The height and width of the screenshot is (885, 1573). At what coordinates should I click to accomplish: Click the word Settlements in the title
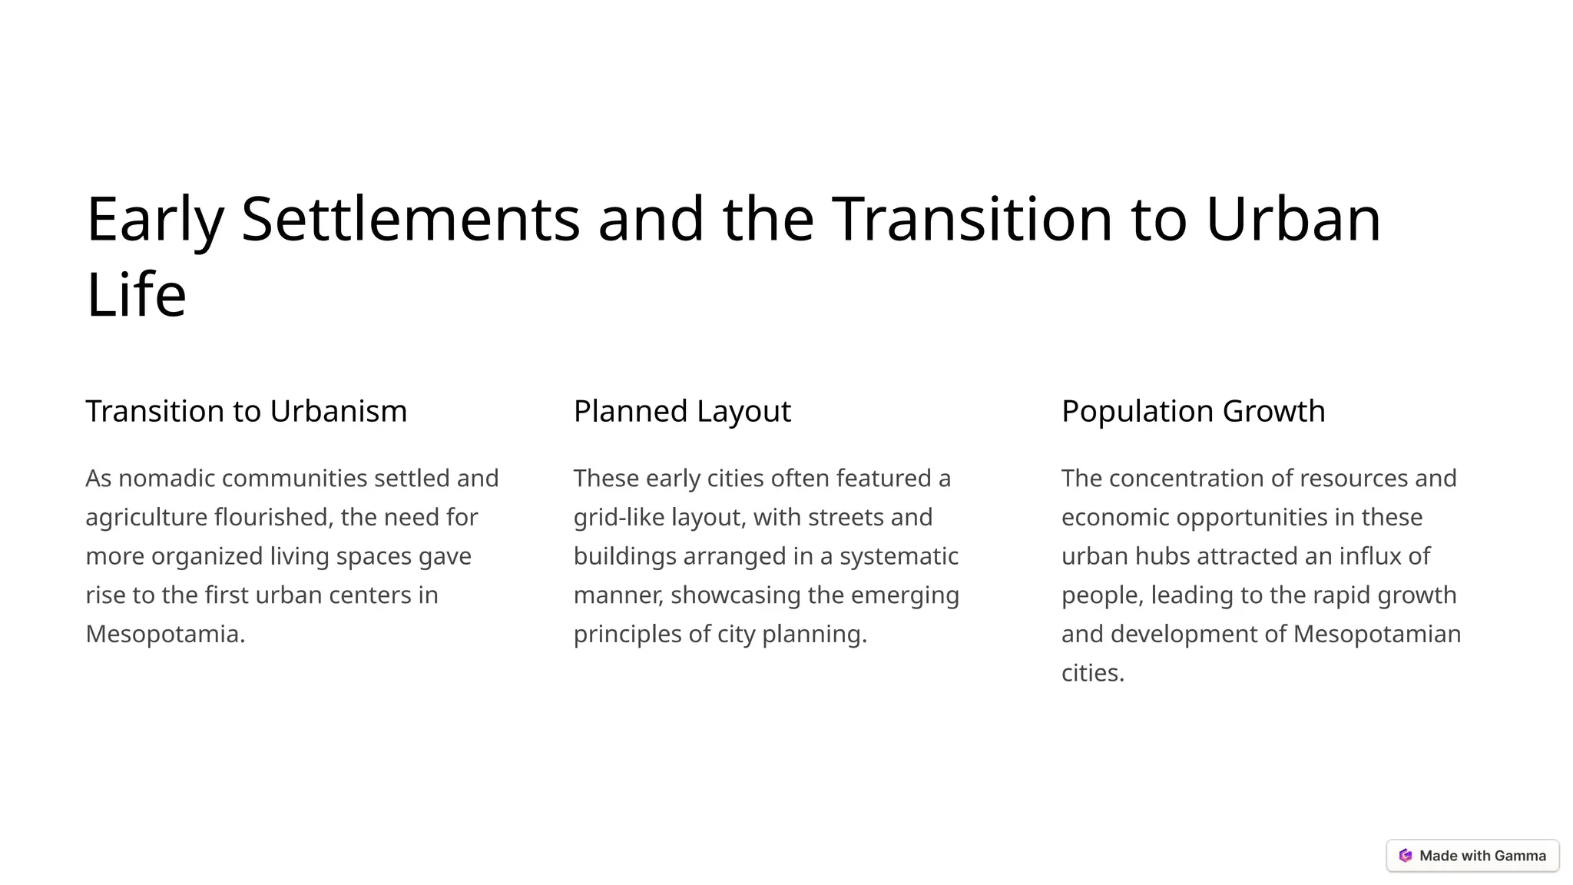pyautogui.click(x=410, y=220)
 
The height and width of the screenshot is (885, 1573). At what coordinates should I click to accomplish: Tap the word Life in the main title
pyautogui.click(x=136, y=295)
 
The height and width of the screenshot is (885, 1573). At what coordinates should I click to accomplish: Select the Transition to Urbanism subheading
pyautogui.click(x=246, y=411)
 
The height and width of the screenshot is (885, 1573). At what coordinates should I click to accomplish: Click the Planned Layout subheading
pyautogui.click(x=682, y=411)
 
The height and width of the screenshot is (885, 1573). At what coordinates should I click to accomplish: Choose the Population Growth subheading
pyautogui.click(x=1193, y=411)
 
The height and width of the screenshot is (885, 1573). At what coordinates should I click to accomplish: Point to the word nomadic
pyautogui.click(x=166, y=479)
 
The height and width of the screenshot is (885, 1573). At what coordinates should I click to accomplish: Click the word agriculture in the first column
pyautogui.click(x=146, y=518)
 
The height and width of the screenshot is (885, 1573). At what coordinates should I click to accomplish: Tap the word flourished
pyautogui.click(x=273, y=518)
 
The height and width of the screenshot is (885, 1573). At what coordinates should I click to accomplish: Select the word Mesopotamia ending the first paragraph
pyautogui.click(x=164, y=635)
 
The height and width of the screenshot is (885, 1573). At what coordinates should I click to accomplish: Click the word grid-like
pyautogui.click(x=619, y=518)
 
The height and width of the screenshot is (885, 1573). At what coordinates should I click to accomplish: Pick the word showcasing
pyautogui.click(x=734, y=595)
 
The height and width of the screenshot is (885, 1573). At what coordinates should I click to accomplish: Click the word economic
pyautogui.click(x=1114, y=518)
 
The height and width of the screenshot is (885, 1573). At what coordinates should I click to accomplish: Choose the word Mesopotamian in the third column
pyautogui.click(x=1376, y=635)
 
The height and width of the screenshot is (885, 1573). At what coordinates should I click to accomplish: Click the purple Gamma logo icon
pyautogui.click(x=1406, y=856)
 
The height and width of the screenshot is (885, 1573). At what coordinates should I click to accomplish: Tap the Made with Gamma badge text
pyautogui.click(x=1482, y=856)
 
